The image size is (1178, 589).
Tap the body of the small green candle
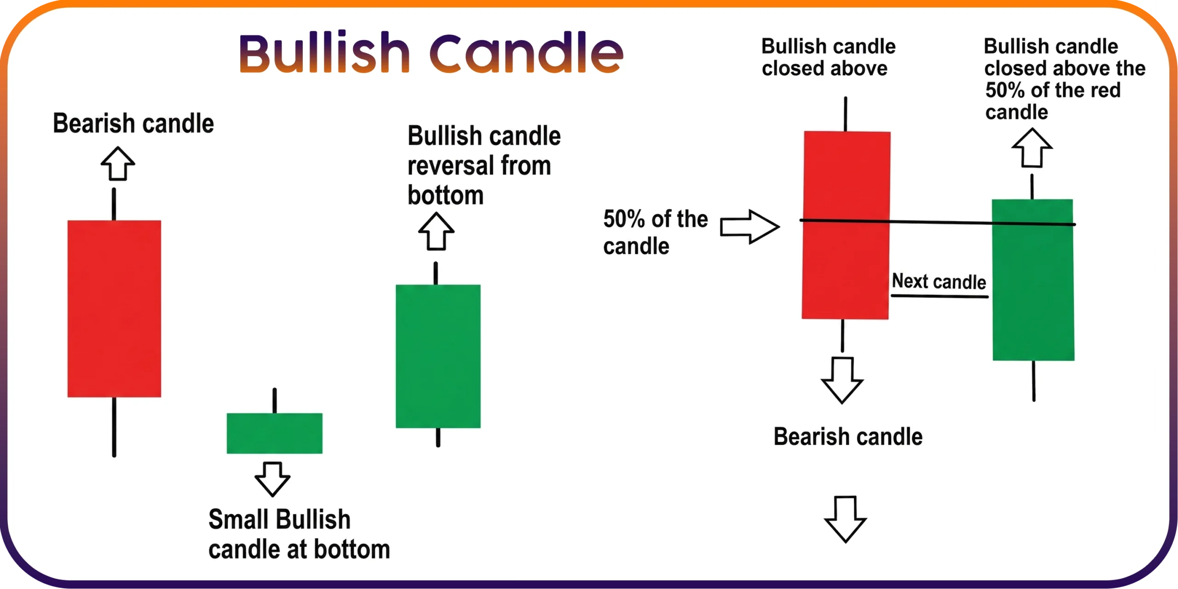click(275, 433)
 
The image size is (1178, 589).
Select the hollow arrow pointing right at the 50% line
click(750, 226)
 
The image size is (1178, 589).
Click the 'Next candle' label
click(939, 281)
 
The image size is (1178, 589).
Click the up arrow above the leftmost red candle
click(118, 163)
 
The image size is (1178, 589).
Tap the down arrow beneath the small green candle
click(272, 479)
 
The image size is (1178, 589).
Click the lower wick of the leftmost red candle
click(114, 427)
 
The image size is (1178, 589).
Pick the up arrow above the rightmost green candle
click(1032, 148)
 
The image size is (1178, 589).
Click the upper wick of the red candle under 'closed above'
click(845, 114)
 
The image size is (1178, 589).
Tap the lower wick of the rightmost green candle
click(1034, 381)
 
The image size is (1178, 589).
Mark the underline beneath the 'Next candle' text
click(940, 296)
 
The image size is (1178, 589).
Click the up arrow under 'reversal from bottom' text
click(436, 231)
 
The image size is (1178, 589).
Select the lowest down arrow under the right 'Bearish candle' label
click(845, 519)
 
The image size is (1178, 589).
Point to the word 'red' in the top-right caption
click(1104, 90)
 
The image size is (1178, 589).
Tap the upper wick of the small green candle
click(275, 401)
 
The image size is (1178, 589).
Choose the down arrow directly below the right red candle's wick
click(842, 380)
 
